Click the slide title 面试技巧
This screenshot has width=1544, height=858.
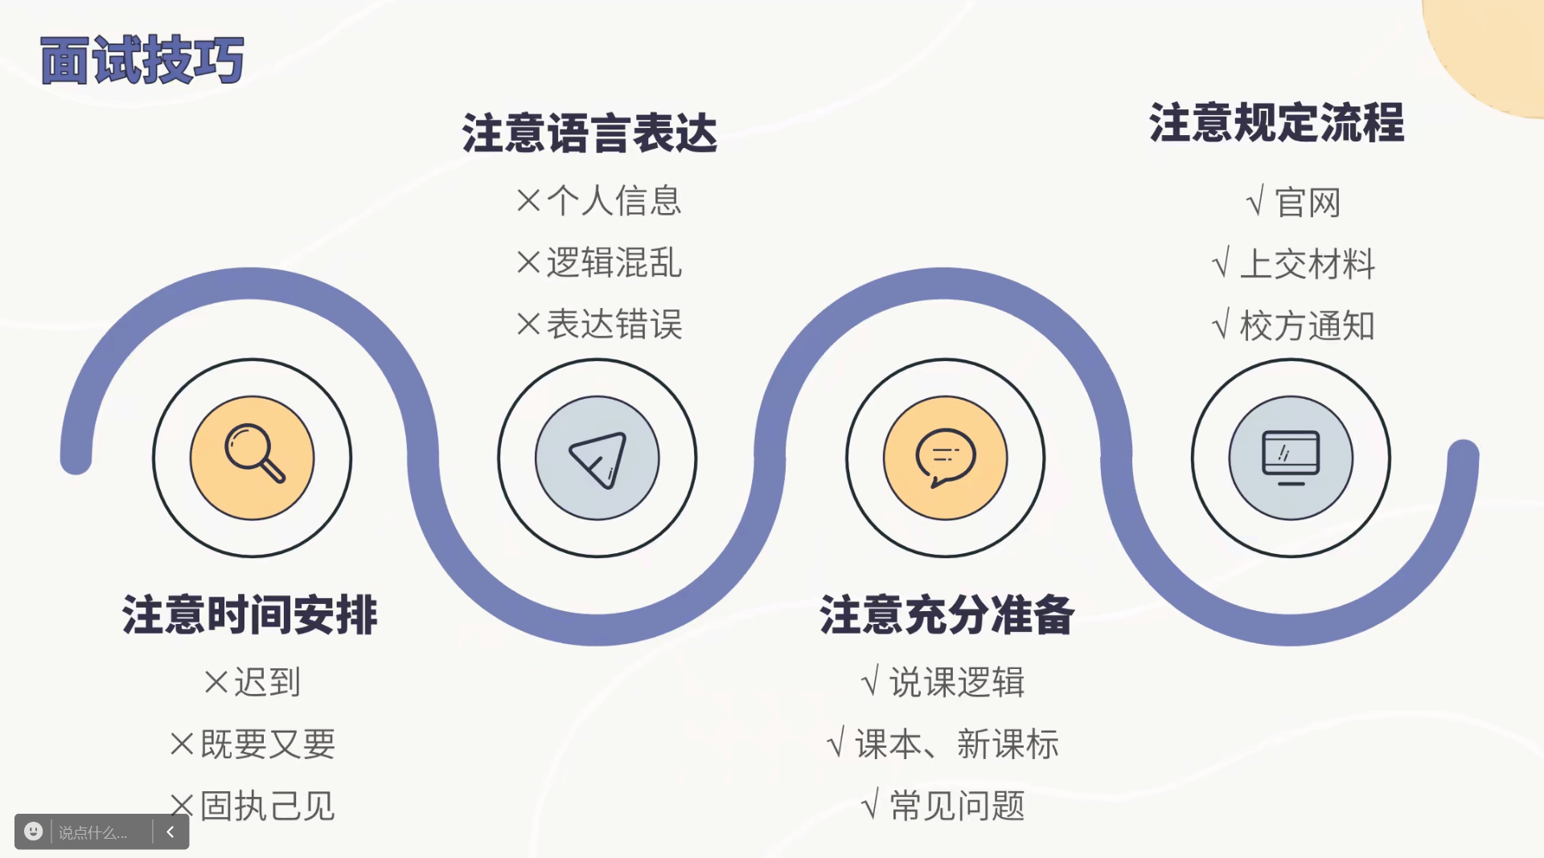pyautogui.click(x=142, y=60)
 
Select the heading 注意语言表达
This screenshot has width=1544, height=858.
pyautogui.click(x=589, y=133)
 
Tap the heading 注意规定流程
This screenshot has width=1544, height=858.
pyautogui.click(x=1276, y=123)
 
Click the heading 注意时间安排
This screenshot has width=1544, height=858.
pyautogui.click(x=250, y=615)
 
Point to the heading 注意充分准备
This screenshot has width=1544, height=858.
pyautogui.click(x=947, y=615)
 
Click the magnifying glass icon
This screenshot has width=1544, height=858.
pyautogui.click(x=253, y=457)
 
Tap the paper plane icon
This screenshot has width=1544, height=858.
pyautogui.click(x=597, y=458)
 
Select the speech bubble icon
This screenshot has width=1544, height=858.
pyautogui.click(x=946, y=458)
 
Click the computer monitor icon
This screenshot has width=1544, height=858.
pyautogui.click(x=1291, y=458)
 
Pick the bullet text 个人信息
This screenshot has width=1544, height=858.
pyautogui.click(x=614, y=201)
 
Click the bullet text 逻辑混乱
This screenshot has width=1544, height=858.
pyautogui.click(x=614, y=263)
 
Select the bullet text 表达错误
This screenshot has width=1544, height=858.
pyautogui.click(x=614, y=325)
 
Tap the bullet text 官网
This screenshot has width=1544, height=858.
pyautogui.click(x=1308, y=203)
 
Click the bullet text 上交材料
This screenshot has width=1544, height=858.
pyautogui.click(x=1308, y=265)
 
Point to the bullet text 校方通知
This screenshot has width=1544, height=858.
pyautogui.click(x=1308, y=326)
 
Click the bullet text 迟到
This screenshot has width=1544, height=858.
pyautogui.click(x=267, y=683)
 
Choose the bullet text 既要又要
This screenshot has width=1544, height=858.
pyautogui.click(x=267, y=745)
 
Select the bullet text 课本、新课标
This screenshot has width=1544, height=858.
pyautogui.click(x=956, y=745)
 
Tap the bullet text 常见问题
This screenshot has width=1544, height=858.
pyautogui.click(x=957, y=806)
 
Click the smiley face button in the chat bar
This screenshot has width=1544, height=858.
pyautogui.click(x=33, y=831)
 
